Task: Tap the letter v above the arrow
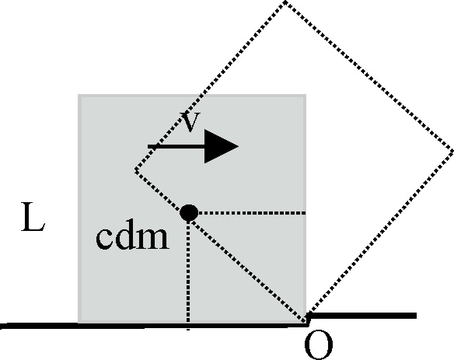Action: [x=190, y=122]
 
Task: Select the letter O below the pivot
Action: [x=319, y=344]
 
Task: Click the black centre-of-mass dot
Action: [x=189, y=213]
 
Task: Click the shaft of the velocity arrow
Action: [x=176, y=146]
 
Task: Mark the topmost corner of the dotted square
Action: [x=285, y=2]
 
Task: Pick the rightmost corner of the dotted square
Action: [x=452, y=150]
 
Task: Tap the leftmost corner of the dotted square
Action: [x=135, y=170]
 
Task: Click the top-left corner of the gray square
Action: [x=79, y=94]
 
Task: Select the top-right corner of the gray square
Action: [x=306, y=94]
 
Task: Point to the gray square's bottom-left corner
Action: [x=79, y=323]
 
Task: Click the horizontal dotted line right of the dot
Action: [x=252, y=213]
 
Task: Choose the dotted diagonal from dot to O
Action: [x=248, y=269]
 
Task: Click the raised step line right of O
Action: [x=362, y=316]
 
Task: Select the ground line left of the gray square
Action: [x=39, y=326]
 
